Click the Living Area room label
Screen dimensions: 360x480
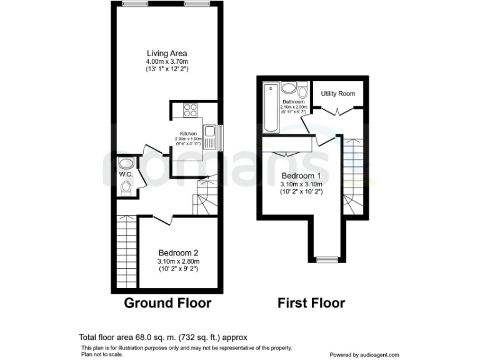[166, 53]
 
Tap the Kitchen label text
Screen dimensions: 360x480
[188, 134]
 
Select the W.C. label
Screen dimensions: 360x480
[126, 174]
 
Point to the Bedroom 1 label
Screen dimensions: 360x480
[301, 175]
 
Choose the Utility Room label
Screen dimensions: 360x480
[337, 94]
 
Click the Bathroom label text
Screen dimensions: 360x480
[292, 101]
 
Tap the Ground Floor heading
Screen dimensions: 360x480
[167, 303]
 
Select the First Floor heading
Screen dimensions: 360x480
[311, 303]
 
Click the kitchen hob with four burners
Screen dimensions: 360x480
[190, 111]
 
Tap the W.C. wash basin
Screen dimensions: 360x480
[126, 164]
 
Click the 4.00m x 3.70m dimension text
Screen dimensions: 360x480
[166, 62]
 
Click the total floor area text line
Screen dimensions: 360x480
[167, 336]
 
